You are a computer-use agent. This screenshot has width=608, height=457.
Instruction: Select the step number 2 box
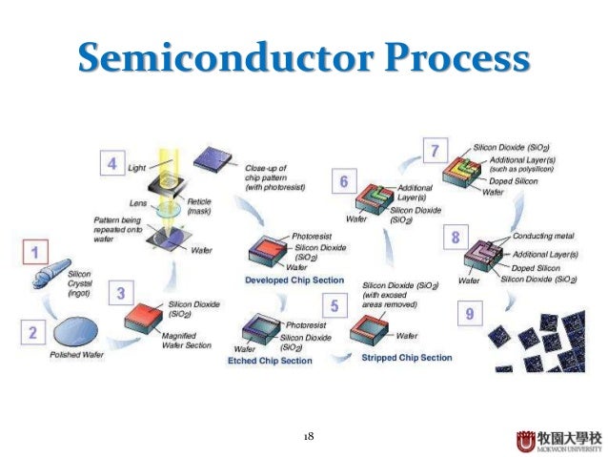(x=32, y=333)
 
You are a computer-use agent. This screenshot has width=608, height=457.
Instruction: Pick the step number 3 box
(x=122, y=292)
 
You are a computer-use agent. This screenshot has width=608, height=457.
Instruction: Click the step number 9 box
(x=467, y=312)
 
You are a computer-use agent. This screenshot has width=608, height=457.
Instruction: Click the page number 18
(x=308, y=436)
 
